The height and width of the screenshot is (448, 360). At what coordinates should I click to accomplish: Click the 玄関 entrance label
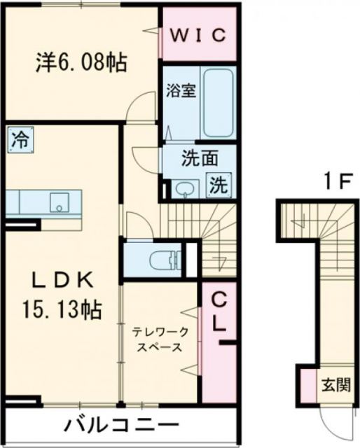pos(333,384)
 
